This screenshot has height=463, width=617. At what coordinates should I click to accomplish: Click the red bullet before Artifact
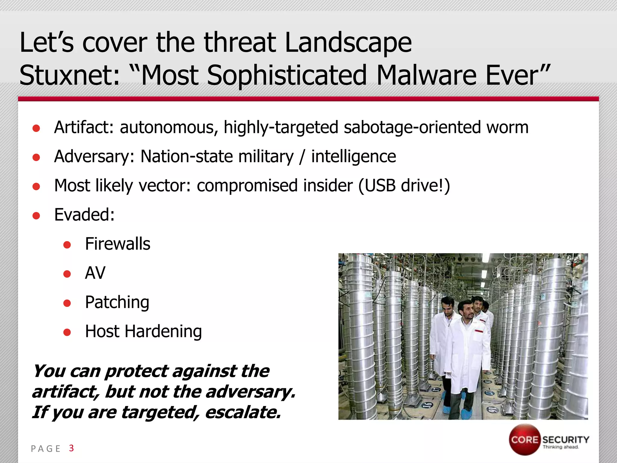point(36,128)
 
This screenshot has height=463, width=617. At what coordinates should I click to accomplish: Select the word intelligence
point(353,156)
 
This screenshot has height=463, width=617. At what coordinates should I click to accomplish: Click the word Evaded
point(84,215)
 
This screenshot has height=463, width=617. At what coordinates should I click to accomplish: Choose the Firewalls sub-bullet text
point(117,244)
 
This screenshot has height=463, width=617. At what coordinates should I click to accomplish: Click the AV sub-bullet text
point(95,273)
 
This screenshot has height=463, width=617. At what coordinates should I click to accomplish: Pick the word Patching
point(117,302)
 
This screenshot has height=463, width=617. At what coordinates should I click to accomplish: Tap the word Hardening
point(163,332)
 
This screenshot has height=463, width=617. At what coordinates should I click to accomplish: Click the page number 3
point(71,448)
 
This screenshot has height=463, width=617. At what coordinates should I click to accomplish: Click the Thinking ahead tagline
point(561,447)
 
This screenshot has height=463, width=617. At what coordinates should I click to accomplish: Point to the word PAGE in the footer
point(46,449)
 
